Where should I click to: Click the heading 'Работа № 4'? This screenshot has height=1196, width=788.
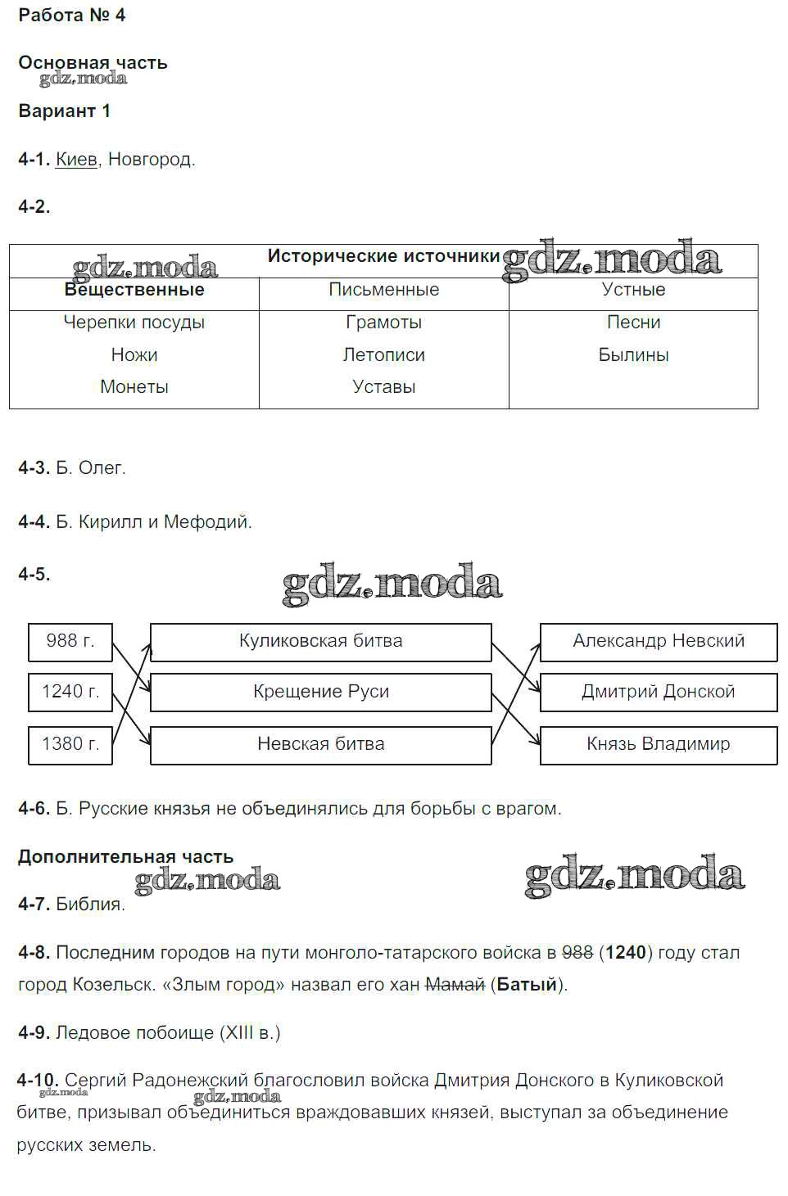coord(72,15)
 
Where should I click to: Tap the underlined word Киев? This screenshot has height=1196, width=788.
coord(76,159)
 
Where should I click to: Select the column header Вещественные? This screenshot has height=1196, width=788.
coord(134,290)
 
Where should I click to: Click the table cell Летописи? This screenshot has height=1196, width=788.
coord(383,354)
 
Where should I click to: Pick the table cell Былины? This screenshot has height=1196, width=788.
coord(633,354)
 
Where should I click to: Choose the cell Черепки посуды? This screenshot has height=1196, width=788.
coord(134,322)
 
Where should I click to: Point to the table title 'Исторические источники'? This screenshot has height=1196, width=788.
coord(383,256)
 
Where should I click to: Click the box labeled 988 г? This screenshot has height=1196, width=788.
coord(70,641)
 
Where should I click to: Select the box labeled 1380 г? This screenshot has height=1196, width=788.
coord(70,744)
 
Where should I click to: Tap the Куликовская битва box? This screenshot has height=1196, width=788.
coord(321,641)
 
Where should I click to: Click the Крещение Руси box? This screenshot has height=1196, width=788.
coord(321,692)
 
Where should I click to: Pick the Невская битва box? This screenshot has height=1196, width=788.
coord(321,744)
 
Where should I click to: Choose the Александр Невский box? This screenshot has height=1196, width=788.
coord(659,641)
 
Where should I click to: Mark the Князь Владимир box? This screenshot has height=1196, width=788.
coord(659,744)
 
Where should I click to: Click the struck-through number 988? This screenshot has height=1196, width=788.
coord(577,952)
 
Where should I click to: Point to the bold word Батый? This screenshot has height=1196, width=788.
coord(527,984)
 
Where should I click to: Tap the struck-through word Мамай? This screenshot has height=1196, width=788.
coord(455,984)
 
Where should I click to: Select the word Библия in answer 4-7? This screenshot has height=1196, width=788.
coord(89,904)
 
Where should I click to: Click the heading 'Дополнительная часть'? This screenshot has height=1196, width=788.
coord(126,856)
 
